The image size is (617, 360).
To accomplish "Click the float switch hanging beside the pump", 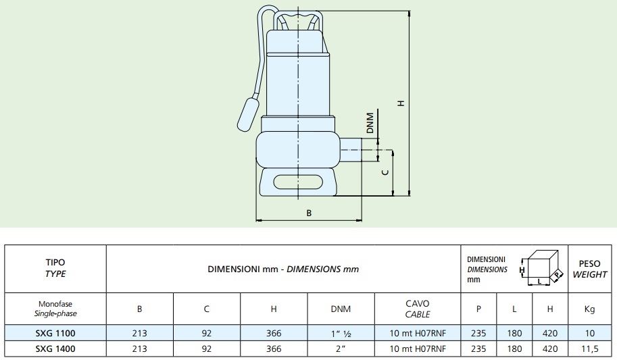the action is [x=249, y=114].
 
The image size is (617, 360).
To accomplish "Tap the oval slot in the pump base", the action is [x=298, y=182].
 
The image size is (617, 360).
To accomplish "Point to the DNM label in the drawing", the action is [x=370, y=123].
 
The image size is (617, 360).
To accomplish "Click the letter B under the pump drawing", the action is [x=309, y=213].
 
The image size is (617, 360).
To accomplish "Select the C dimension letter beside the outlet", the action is [x=386, y=172].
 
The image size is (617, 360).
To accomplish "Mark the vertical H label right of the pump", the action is [x=401, y=103].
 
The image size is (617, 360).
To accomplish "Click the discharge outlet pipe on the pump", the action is [x=351, y=149].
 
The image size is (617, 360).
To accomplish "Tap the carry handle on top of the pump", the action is [x=298, y=20].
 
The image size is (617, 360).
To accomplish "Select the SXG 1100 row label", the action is [x=55, y=333].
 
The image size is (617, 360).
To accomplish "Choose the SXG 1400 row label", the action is [x=55, y=349].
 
